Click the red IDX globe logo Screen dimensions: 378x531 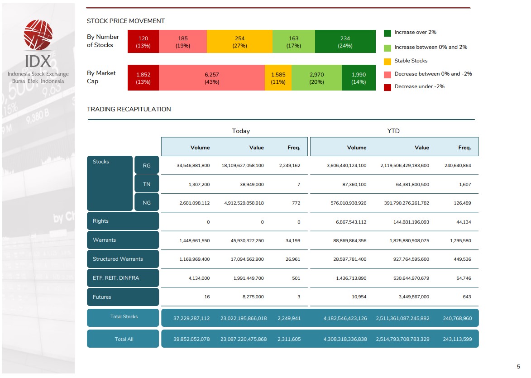(38, 36)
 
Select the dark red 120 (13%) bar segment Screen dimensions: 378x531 (143, 42)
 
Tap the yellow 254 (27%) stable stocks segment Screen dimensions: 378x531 (239, 42)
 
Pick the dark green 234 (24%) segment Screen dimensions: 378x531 (345, 42)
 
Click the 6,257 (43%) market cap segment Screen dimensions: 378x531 (212, 78)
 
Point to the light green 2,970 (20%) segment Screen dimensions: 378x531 (316, 78)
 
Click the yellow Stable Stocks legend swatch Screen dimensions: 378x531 (387, 61)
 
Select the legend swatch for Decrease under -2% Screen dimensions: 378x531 (387, 87)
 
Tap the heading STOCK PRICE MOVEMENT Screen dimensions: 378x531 (126, 21)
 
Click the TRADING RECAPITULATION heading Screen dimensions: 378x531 (129, 109)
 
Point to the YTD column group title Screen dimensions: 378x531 (393, 131)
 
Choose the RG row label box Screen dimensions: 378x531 (147, 165)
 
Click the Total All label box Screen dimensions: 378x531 (123, 339)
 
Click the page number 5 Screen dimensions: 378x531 (518, 367)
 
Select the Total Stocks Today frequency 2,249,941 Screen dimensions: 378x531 (289, 318)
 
